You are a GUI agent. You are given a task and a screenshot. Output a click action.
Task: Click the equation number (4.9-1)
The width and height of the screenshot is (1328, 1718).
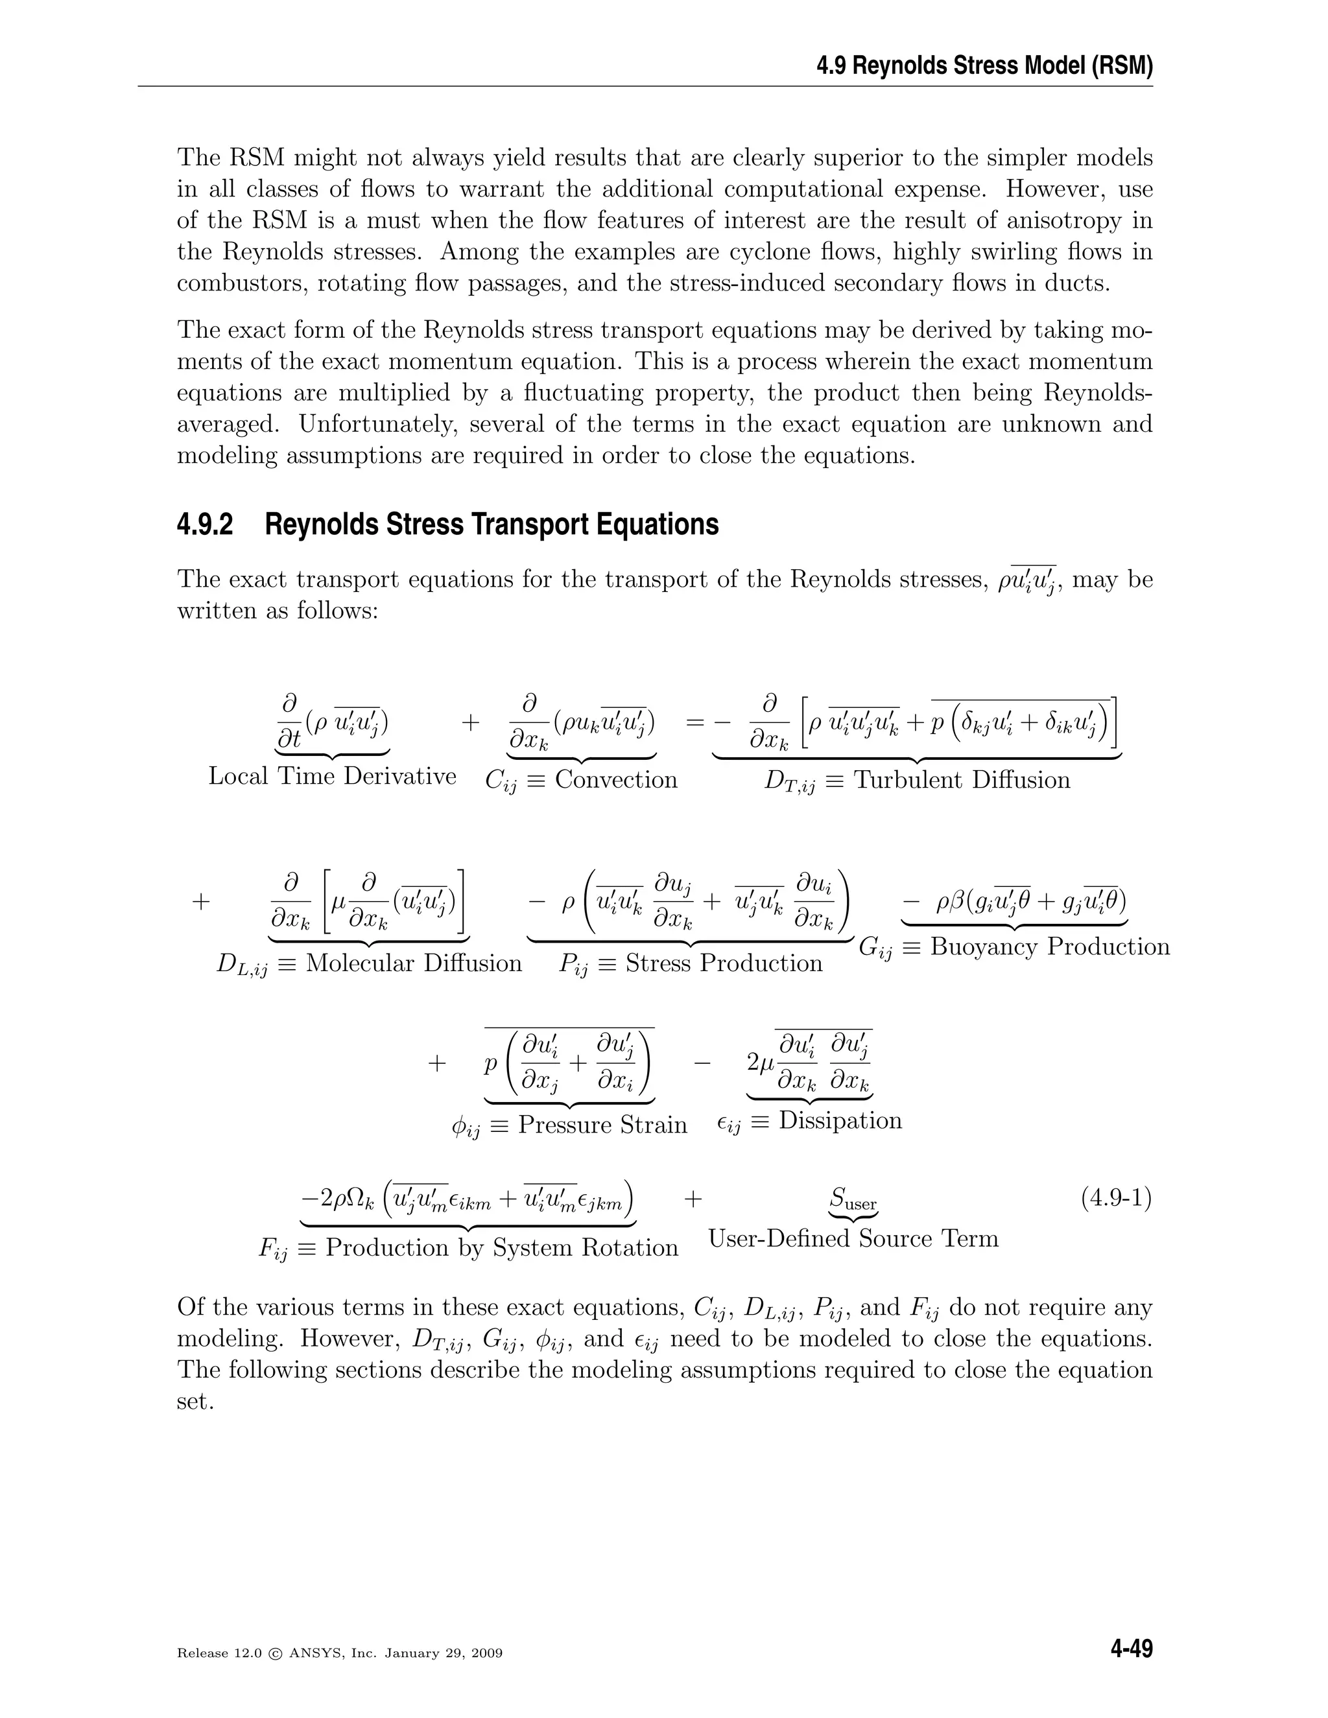[x=1115, y=1199]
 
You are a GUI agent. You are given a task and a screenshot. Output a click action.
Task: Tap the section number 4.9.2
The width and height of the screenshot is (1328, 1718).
[x=206, y=524]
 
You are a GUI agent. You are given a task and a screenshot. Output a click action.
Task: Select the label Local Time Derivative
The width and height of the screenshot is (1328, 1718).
[x=332, y=777]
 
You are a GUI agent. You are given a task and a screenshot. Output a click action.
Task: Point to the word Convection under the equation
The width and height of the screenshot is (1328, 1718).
[x=615, y=779]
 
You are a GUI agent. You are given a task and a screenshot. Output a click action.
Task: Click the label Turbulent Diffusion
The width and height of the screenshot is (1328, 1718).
[x=962, y=779]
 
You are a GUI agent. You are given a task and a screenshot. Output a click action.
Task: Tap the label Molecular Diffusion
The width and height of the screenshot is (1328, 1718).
[x=413, y=963]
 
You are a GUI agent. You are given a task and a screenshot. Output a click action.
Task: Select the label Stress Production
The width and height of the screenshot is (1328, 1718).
[x=723, y=963]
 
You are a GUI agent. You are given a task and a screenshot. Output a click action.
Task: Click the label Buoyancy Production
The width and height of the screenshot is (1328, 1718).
[x=1050, y=947]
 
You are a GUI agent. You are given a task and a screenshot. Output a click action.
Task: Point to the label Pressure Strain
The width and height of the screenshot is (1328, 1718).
[x=602, y=1124]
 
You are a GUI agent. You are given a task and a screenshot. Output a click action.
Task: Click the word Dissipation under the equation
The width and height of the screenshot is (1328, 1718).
[x=840, y=1120]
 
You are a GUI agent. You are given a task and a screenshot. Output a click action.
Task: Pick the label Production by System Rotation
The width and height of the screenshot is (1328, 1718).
[x=501, y=1247]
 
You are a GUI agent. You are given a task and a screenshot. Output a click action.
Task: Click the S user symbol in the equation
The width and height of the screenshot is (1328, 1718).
[x=853, y=1199]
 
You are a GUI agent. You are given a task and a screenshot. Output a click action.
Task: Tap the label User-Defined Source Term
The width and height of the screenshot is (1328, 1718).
[x=853, y=1239]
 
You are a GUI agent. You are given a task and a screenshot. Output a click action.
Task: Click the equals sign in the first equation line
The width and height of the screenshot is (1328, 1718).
[x=694, y=722]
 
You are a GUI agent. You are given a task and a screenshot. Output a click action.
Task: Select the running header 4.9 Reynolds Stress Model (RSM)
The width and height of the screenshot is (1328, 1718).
[x=984, y=66]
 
